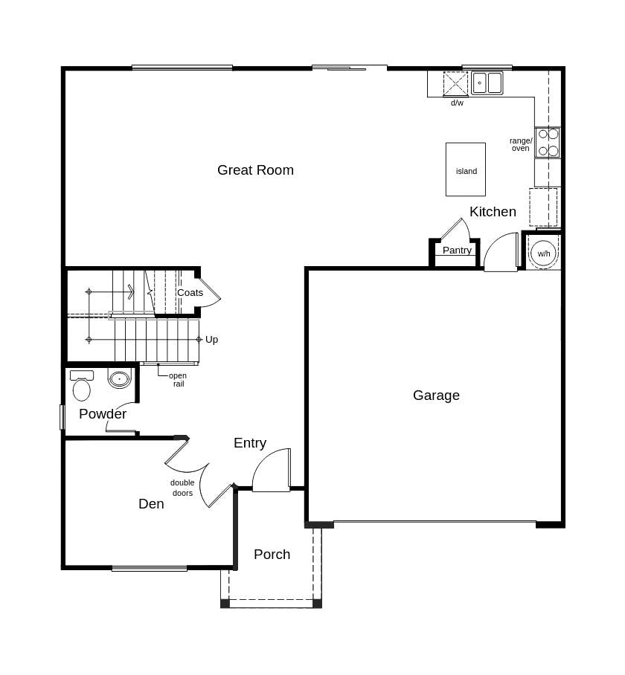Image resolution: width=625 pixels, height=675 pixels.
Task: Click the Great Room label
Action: (255, 170)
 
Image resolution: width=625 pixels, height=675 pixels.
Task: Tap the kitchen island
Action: (466, 170)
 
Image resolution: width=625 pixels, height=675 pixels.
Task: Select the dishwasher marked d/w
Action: (455, 84)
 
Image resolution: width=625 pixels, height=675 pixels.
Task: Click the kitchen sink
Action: (487, 83)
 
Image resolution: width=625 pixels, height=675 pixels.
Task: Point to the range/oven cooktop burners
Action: (548, 142)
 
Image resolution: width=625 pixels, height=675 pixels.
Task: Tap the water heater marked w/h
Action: (544, 253)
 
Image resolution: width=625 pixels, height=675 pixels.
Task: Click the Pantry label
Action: (457, 251)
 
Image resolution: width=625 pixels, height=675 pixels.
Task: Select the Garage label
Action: (436, 395)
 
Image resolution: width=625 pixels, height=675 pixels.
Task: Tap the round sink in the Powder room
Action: (119, 379)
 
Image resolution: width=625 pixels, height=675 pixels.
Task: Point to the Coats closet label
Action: (190, 293)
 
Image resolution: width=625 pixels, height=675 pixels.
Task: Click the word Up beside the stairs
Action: (212, 340)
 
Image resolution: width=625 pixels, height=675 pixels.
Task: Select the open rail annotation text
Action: (178, 380)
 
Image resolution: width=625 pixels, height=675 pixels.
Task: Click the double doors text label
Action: (182, 488)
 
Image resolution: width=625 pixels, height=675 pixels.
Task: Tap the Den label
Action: (151, 504)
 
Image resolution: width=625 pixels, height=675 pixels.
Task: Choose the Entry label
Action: (250, 443)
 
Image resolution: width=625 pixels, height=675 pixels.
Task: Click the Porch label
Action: (272, 555)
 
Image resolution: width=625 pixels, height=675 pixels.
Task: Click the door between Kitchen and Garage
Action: (501, 254)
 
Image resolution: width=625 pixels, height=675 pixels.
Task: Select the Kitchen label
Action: (493, 212)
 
